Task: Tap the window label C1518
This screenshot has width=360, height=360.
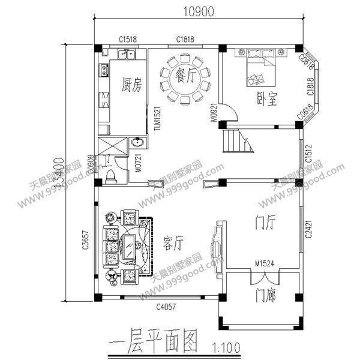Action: (127, 39)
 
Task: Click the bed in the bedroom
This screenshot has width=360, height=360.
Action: (260, 69)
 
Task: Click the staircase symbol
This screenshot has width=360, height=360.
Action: (235, 142)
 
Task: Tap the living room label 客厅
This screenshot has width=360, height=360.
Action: (173, 241)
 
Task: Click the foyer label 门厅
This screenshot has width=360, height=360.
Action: (265, 223)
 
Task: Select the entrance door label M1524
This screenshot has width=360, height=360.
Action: (264, 262)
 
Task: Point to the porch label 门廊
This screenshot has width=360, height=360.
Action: (265, 295)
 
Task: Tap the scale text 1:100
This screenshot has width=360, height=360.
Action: (225, 347)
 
